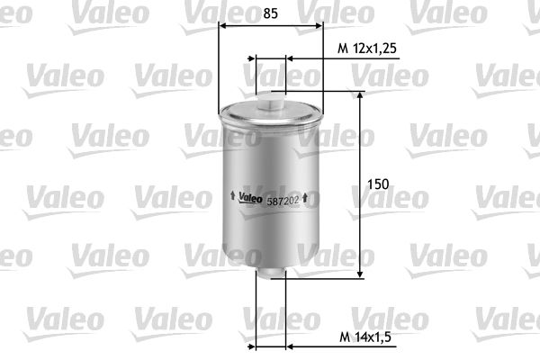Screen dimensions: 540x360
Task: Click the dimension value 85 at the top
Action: click(x=270, y=13)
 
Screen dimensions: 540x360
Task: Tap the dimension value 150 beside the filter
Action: click(x=378, y=184)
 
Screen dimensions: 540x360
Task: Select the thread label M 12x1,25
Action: click(x=367, y=49)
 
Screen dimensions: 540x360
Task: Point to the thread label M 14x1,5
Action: click(x=365, y=337)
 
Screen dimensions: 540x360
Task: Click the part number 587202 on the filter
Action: click(x=283, y=202)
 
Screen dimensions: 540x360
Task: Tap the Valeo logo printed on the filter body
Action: click(x=251, y=197)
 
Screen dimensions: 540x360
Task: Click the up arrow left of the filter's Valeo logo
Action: click(x=232, y=195)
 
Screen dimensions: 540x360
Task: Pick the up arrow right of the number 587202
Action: click(x=305, y=197)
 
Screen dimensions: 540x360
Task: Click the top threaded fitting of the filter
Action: click(x=271, y=100)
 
